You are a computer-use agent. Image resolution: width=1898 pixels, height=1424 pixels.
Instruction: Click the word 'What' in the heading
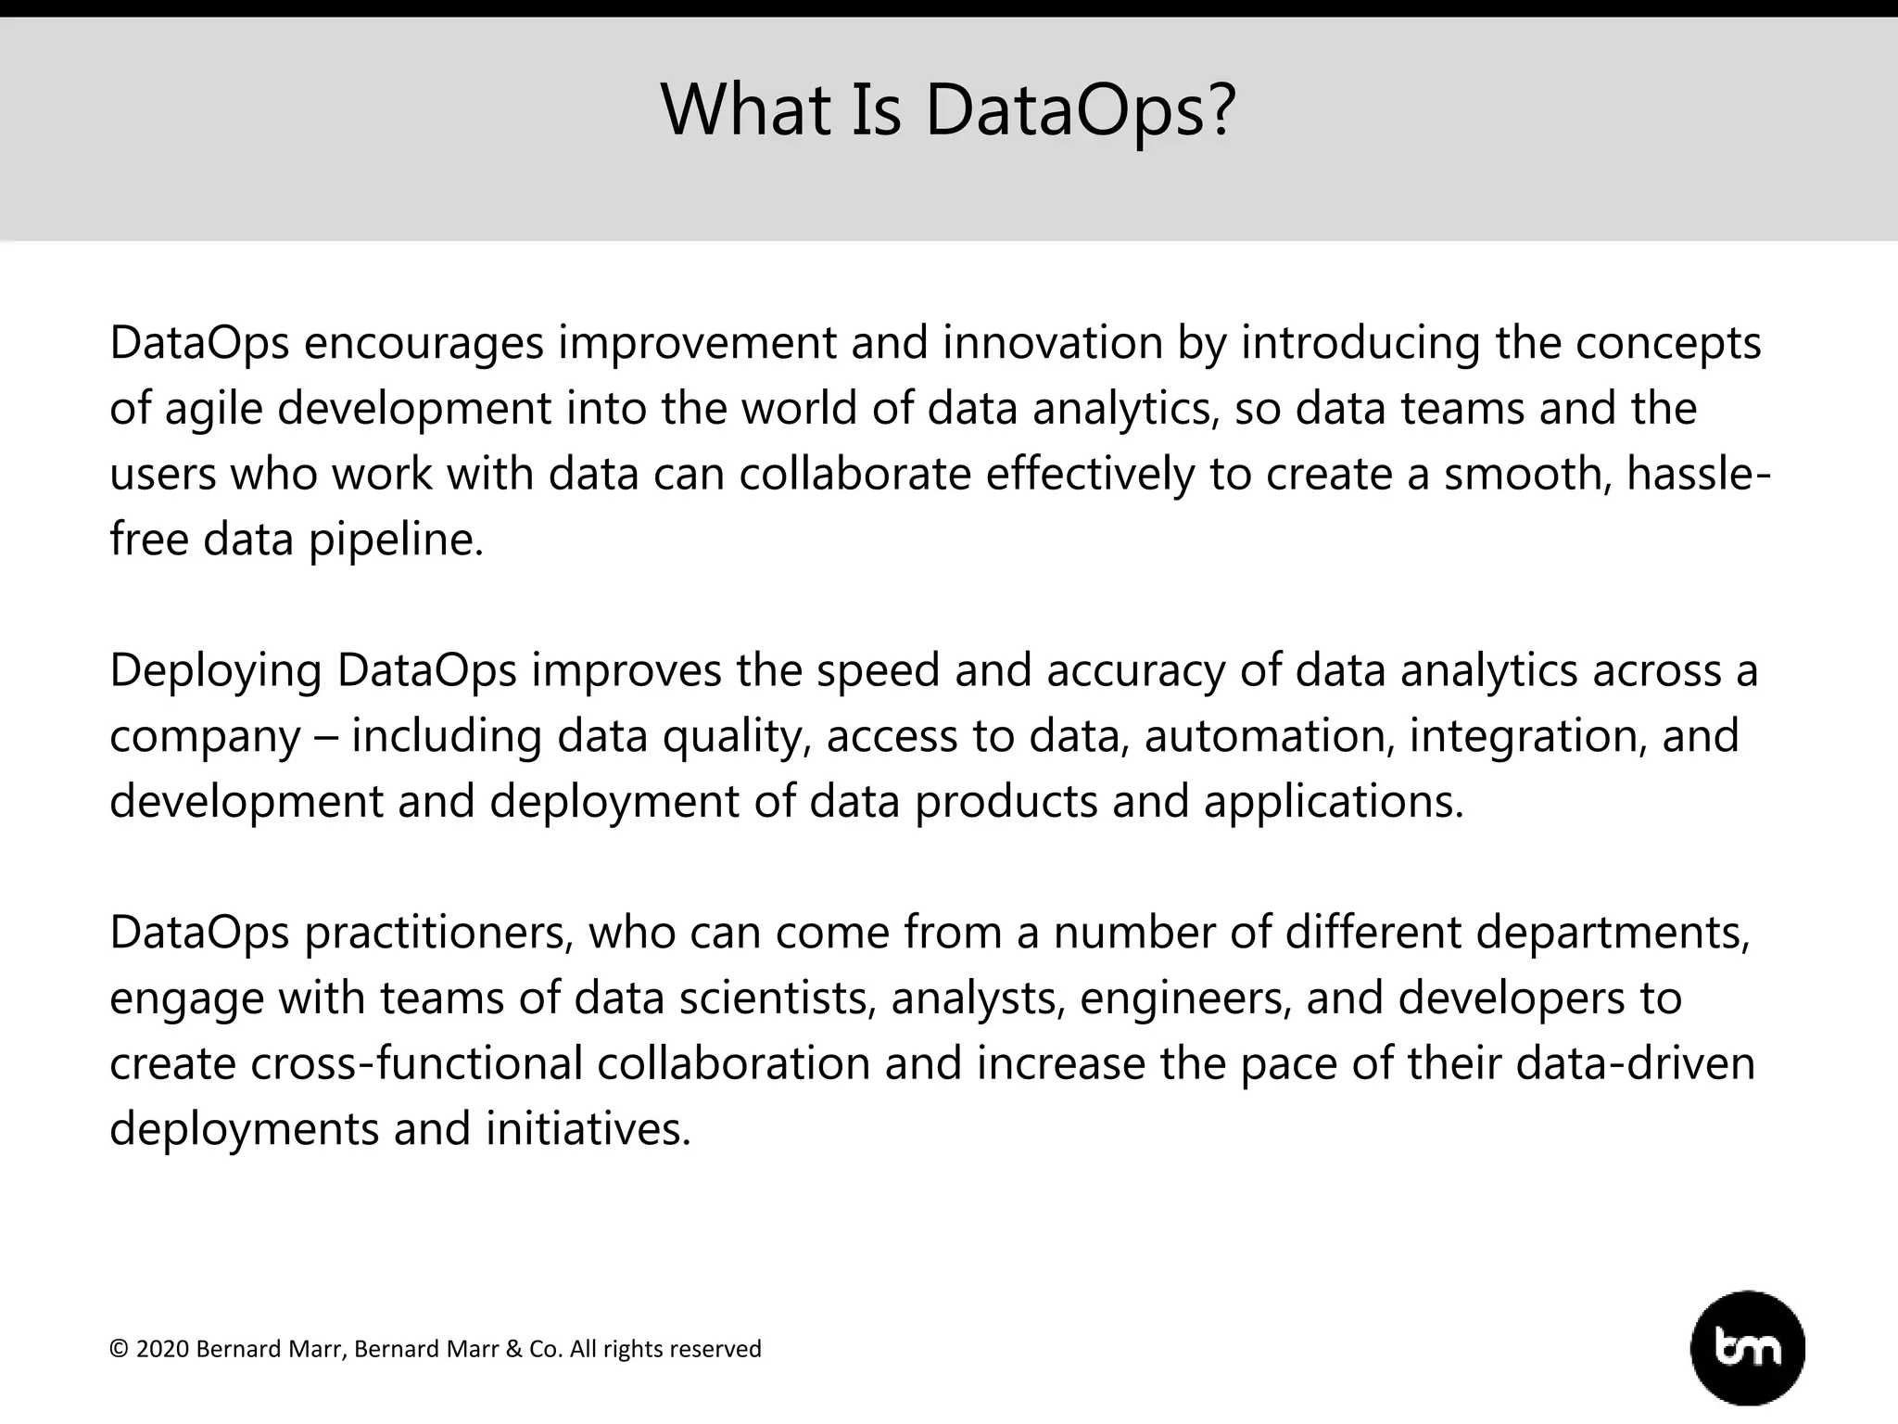coord(732,109)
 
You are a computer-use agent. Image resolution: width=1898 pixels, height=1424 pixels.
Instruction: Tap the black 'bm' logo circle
coord(1747,1348)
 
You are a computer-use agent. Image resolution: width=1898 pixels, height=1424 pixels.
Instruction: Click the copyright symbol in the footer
coord(118,1349)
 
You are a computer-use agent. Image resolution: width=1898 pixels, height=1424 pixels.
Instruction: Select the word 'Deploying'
coord(216,671)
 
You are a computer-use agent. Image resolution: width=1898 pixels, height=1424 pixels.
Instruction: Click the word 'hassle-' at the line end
coord(1698,474)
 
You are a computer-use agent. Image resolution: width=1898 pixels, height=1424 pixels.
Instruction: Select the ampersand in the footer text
coord(513,1349)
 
